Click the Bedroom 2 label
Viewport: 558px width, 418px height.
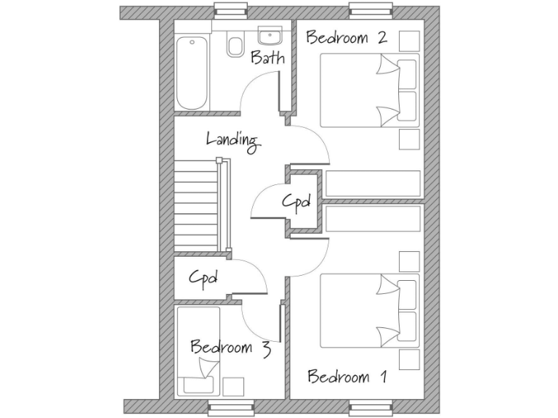click(x=346, y=38)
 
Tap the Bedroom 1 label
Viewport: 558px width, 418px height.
click(x=347, y=377)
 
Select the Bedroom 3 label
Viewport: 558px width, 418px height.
click(x=230, y=348)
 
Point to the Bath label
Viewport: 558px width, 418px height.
click(x=267, y=58)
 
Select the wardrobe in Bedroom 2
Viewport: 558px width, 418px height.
click(x=373, y=184)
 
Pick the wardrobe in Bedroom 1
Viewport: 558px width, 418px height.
click(x=373, y=218)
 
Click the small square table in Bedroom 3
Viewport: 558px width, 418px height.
click(x=232, y=387)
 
